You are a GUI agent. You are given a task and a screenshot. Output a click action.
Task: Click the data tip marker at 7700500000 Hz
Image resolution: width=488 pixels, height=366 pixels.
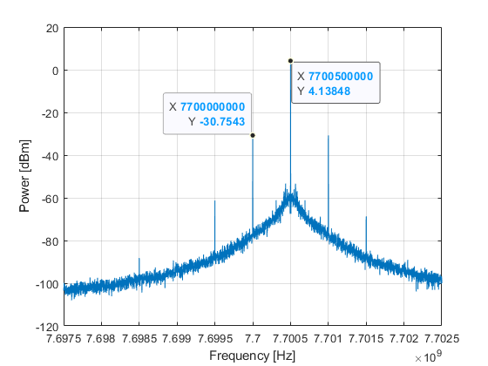(x=290, y=61)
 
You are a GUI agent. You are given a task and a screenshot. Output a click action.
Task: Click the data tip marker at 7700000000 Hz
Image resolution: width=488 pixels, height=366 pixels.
(x=253, y=135)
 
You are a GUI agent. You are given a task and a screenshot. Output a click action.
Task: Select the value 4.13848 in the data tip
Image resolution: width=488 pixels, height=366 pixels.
(x=329, y=91)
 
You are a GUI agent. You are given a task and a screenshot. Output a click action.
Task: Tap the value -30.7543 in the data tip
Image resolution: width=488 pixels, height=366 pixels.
(x=222, y=122)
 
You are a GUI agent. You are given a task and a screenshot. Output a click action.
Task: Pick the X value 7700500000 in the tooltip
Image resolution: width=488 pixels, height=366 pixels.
(x=341, y=77)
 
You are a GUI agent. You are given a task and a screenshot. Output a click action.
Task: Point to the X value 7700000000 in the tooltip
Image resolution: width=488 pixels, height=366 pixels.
(x=213, y=106)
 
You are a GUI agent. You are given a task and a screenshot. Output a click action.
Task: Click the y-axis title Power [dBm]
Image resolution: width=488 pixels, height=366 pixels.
(x=24, y=176)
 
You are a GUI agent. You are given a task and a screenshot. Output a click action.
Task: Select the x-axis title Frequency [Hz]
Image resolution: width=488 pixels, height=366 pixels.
(x=253, y=356)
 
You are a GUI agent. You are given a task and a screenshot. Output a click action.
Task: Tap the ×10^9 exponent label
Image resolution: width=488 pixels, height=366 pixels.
(x=428, y=356)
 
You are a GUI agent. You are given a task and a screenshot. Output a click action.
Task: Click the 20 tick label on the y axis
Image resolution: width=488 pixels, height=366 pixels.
(x=52, y=29)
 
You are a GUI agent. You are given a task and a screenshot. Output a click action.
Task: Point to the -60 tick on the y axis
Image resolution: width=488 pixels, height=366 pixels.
(x=51, y=199)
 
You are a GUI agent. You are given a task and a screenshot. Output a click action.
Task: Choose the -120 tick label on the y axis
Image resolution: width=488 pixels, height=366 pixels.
(x=47, y=327)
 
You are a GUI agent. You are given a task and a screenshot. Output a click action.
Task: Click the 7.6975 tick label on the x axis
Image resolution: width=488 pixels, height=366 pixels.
(x=64, y=338)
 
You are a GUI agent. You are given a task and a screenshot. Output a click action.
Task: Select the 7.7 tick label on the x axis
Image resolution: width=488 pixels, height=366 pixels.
(x=253, y=338)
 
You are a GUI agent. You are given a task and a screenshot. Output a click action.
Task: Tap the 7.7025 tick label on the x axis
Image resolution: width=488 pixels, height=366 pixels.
(x=442, y=338)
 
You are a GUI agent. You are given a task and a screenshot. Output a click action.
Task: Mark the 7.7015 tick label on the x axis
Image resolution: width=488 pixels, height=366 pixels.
(x=366, y=338)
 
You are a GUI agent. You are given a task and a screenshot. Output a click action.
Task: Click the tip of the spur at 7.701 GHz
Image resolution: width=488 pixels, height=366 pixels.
(x=329, y=136)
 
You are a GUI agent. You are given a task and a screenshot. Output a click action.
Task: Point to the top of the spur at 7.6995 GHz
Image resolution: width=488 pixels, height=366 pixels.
(x=214, y=200)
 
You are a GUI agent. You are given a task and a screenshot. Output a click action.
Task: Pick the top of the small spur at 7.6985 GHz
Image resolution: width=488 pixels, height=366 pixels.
(x=139, y=258)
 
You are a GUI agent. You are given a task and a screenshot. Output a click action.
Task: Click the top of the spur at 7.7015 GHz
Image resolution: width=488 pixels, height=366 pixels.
(x=366, y=217)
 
